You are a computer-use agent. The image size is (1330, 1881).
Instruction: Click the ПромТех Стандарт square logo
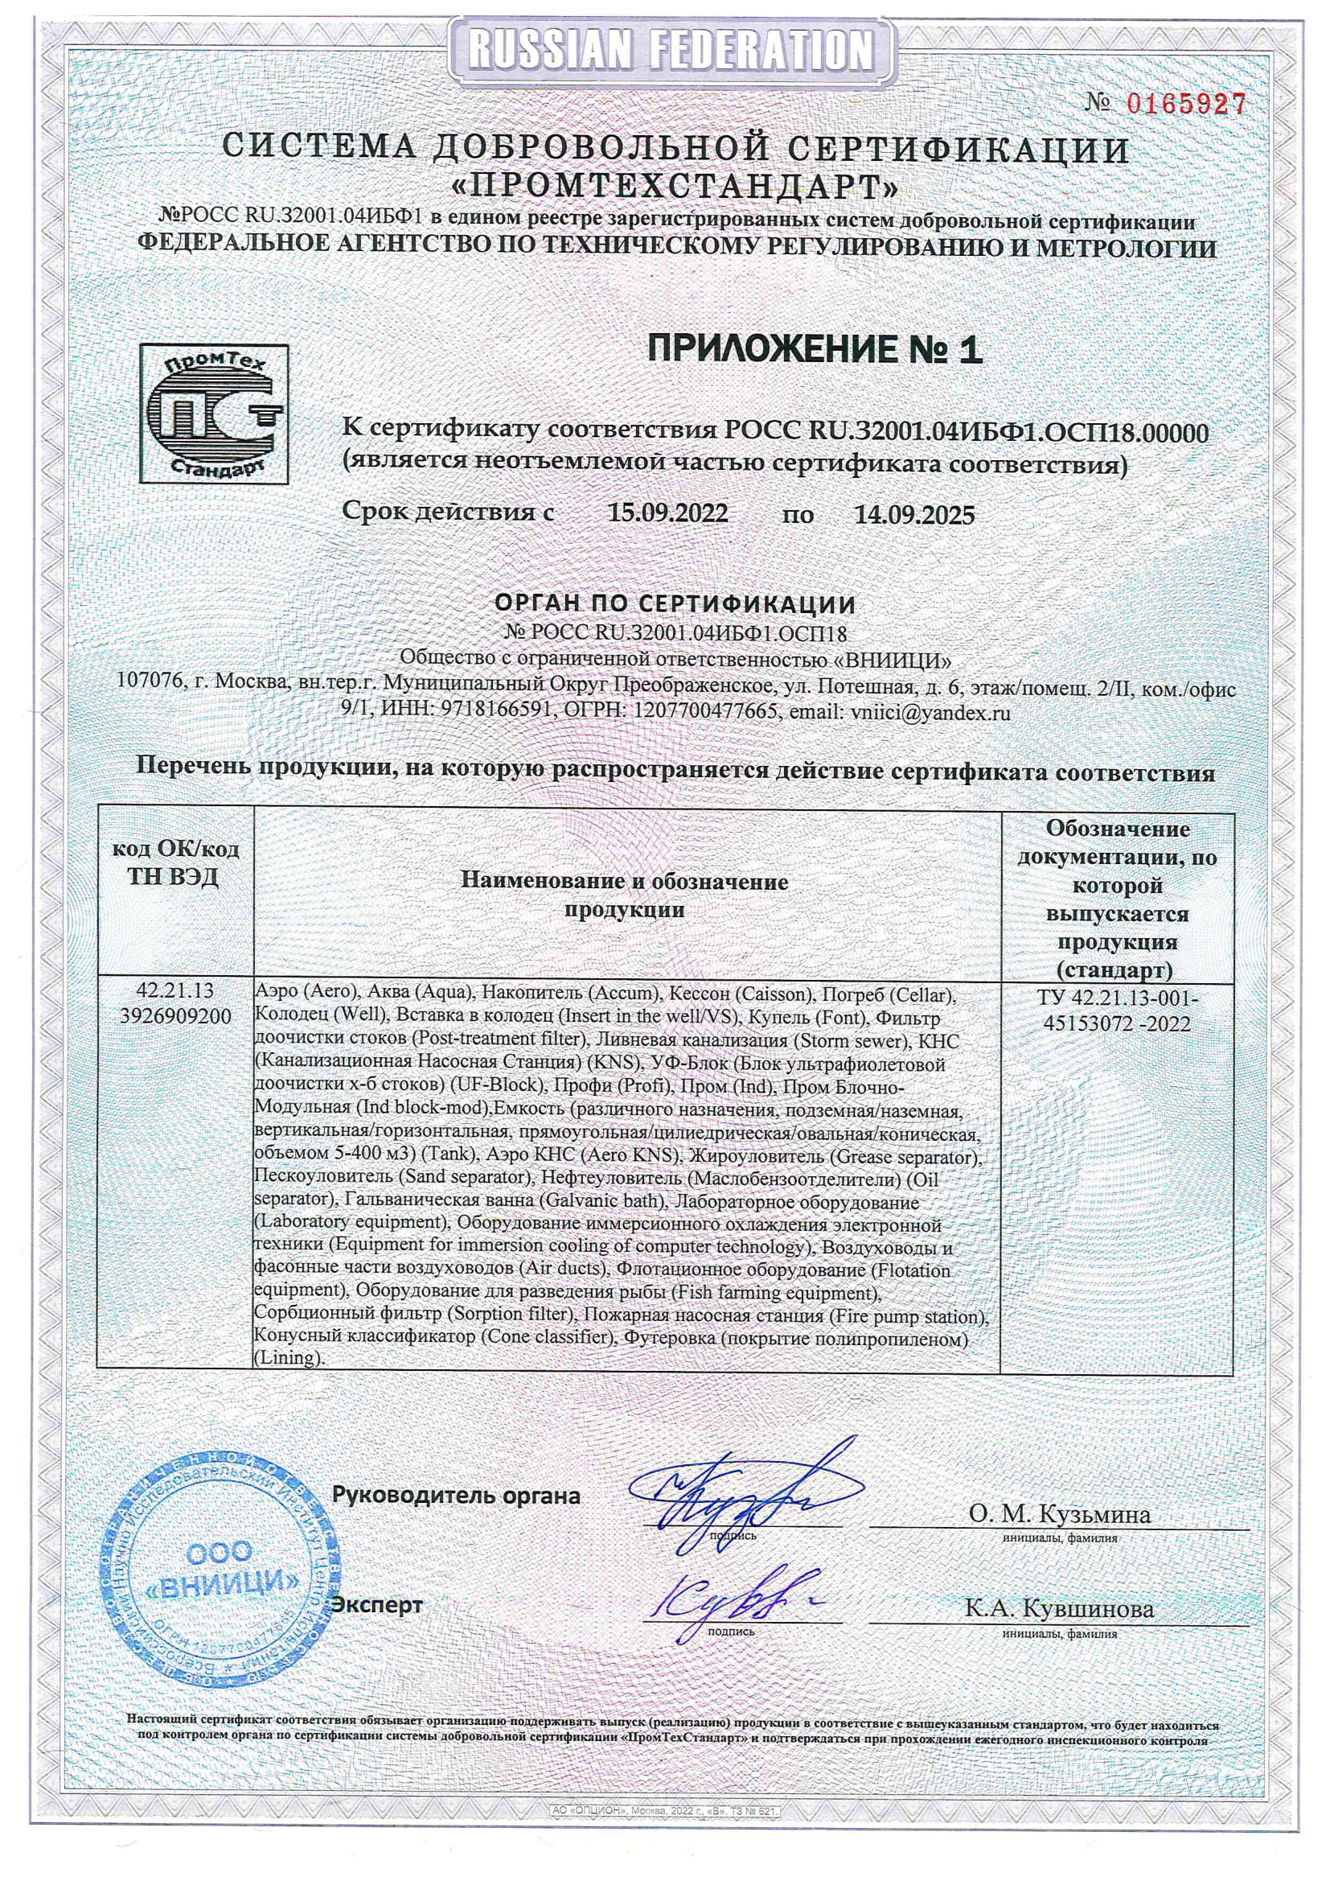[x=214, y=413]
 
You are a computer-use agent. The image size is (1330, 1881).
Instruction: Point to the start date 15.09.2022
[x=667, y=513]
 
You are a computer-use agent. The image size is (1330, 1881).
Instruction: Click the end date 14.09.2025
[x=914, y=514]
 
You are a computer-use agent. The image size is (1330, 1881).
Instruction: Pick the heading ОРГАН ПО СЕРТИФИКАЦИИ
[x=675, y=605]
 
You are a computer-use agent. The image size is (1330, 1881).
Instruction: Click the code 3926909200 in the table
[x=175, y=1016]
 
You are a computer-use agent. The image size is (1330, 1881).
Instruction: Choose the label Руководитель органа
[x=455, y=1495]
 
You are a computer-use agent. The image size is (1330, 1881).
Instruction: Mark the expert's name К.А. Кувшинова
[x=1059, y=1608]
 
